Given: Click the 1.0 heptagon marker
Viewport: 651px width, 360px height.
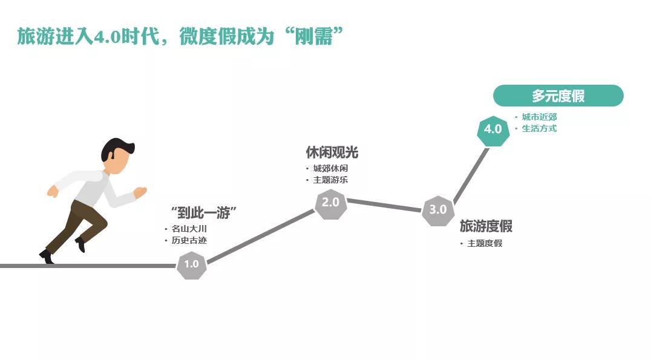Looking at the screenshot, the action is tap(191, 264).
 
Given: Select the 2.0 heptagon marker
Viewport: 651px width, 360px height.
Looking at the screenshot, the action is tap(330, 203).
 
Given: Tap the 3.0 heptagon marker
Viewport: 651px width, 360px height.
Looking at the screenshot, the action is tap(438, 211).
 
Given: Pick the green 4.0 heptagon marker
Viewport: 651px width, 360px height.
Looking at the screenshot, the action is tap(493, 130).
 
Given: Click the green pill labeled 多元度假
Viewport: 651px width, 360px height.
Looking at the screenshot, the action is tap(558, 96).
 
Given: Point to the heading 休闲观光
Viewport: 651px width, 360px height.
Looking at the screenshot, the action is tap(332, 152).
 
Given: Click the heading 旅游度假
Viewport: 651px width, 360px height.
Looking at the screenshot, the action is tap(486, 226).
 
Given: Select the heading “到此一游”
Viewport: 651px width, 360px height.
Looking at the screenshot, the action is tap(204, 212).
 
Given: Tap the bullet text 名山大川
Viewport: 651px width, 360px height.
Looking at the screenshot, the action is tap(189, 229).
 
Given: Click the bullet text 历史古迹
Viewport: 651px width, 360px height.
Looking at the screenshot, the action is tap(189, 240).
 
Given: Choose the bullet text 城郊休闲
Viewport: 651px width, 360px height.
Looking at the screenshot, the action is tap(330, 168).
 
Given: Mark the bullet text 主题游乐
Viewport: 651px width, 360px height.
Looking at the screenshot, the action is tap(330, 180).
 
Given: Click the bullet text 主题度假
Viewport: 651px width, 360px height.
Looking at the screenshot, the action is tap(485, 243).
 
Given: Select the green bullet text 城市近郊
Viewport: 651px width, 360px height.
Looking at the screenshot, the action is tap(539, 117).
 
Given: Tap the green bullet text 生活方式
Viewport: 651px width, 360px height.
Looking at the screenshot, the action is tap(539, 129).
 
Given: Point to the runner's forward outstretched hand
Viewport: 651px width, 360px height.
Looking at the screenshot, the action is tap(141, 192).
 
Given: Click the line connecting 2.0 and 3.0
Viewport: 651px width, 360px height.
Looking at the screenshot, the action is tap(384, 205).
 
